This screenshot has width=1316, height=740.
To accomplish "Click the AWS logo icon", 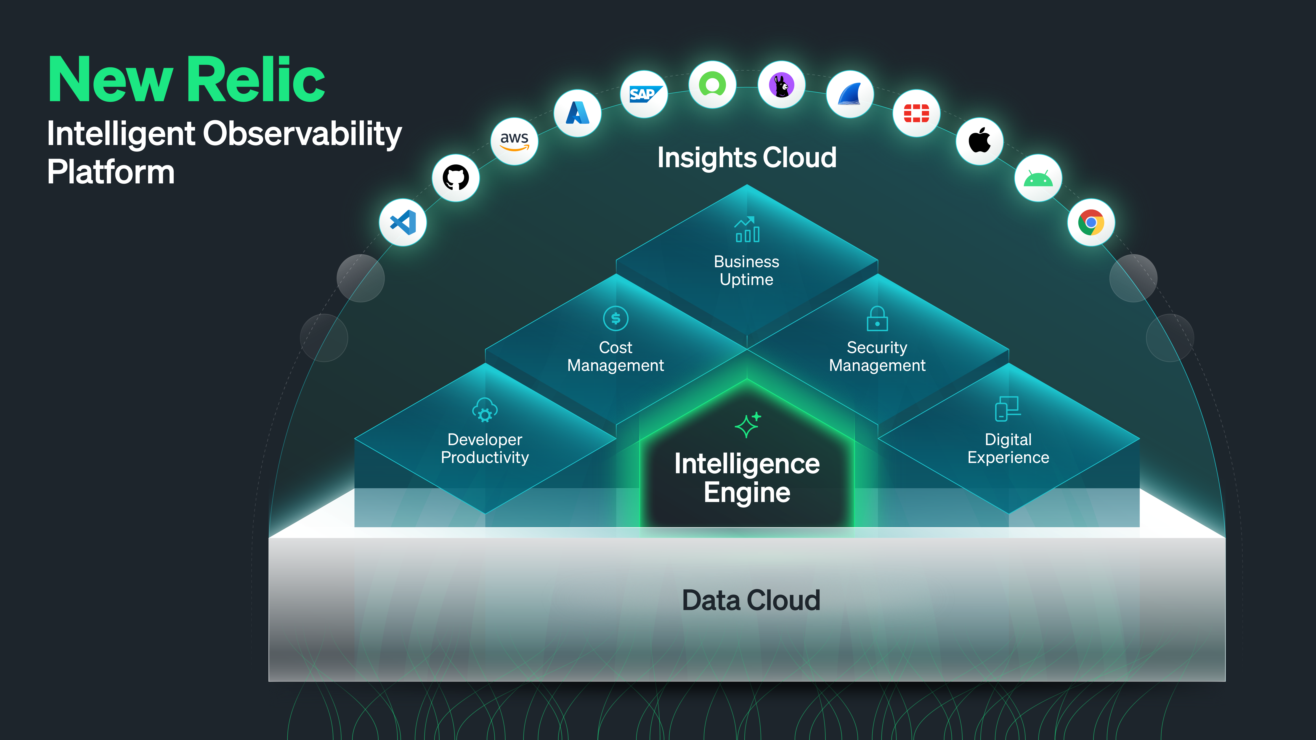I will coord(514,141).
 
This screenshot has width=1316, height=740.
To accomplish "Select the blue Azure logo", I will coord(577,113).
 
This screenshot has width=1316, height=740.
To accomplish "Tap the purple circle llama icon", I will coord(781,85).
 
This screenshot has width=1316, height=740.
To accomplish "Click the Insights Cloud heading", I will coord(746,157).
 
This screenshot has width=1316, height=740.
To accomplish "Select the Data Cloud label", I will coord(751,600).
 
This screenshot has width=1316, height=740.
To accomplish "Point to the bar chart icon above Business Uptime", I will coord(747,229).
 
